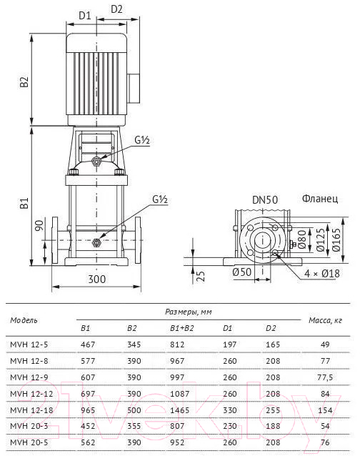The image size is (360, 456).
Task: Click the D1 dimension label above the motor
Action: click(85, 16)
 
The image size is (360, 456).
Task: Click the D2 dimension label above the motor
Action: click(116, 9)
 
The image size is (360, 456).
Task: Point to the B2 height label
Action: click(24, 81)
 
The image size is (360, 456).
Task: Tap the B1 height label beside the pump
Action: click(24, 203)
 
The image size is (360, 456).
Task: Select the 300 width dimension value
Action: click(96, 279)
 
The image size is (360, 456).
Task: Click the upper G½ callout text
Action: click(142, 140)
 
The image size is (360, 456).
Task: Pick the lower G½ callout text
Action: click(160, 199)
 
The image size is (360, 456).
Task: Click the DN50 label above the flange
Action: click(265, 200)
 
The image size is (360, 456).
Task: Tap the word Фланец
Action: click(320, 199)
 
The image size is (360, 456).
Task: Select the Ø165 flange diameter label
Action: click(336, 239)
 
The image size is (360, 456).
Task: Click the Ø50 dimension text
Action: click(241, 272)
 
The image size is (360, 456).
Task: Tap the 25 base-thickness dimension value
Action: click(201, 276)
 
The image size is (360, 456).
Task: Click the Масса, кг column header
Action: click(325, 320)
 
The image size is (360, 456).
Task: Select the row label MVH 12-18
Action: click(31, 410)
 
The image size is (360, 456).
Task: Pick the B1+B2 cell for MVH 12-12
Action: click(179, 394)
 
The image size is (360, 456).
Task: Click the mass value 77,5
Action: click(325, 377)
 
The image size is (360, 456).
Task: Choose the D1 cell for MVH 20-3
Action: click(230, 426)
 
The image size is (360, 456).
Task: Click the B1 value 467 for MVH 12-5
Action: click(88, 345)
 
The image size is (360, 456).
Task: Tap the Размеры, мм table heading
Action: click(189, 312)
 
